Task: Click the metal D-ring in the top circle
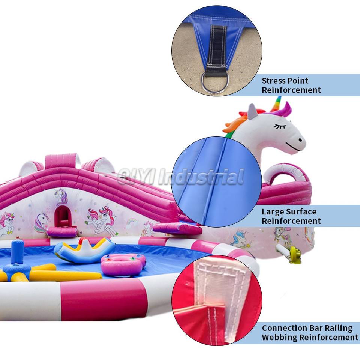[x=213, y=82]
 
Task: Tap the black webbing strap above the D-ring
[x=217, y=47]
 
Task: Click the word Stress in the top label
[x=273, y=81]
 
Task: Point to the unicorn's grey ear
[x=252, y=111]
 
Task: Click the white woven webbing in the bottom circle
[x=221, y=285]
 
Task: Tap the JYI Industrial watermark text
[x=180, y=177]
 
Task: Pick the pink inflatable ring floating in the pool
[x=122, y=265]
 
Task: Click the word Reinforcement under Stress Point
[x=291, y=90]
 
